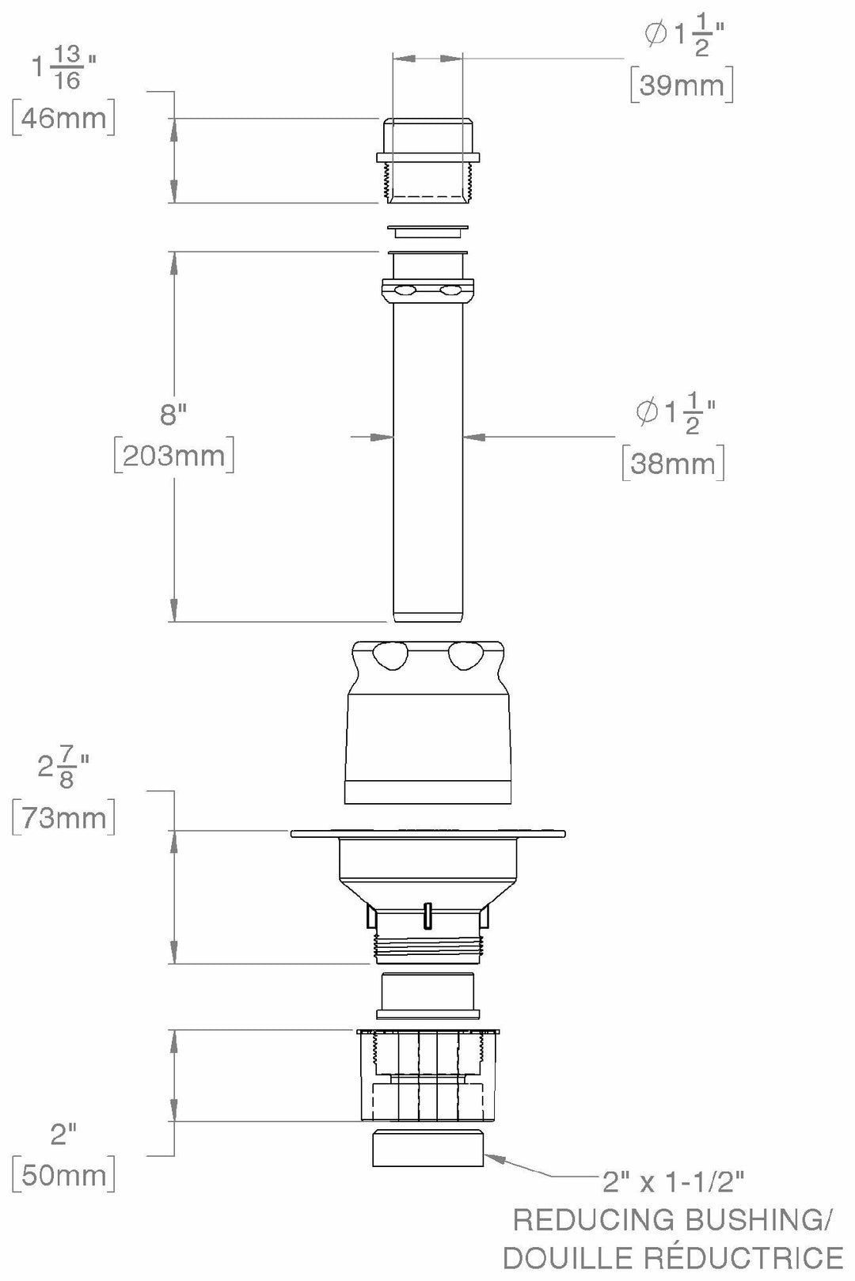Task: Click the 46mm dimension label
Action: (63, 118)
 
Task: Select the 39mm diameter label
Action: (682, 85)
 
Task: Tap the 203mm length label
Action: (174, 456)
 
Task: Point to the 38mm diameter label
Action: (673, 463)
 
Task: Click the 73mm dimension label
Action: (63, 817)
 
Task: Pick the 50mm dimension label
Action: (63, 1175)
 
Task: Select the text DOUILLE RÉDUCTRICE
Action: (673, 1258)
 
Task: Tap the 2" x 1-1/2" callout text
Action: (673, 1182)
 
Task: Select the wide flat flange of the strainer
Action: (427, 833)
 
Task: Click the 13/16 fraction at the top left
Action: (68, 66)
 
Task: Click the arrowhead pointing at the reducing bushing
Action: (492, 1158)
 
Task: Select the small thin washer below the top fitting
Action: (427, 231)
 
